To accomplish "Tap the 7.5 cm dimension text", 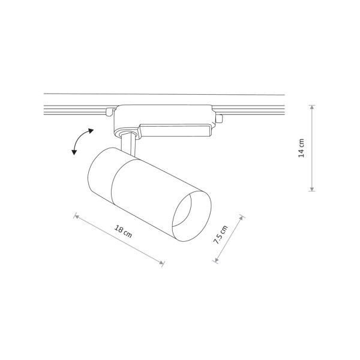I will [x=221, y=238].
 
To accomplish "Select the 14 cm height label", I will [x=302, y=148].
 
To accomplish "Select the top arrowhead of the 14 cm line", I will [x=312, y=106].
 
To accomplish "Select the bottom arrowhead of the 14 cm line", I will [x=312, y=190].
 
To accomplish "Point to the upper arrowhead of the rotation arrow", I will [x=92, y=129].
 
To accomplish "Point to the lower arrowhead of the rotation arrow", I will [x=74, y=153].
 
